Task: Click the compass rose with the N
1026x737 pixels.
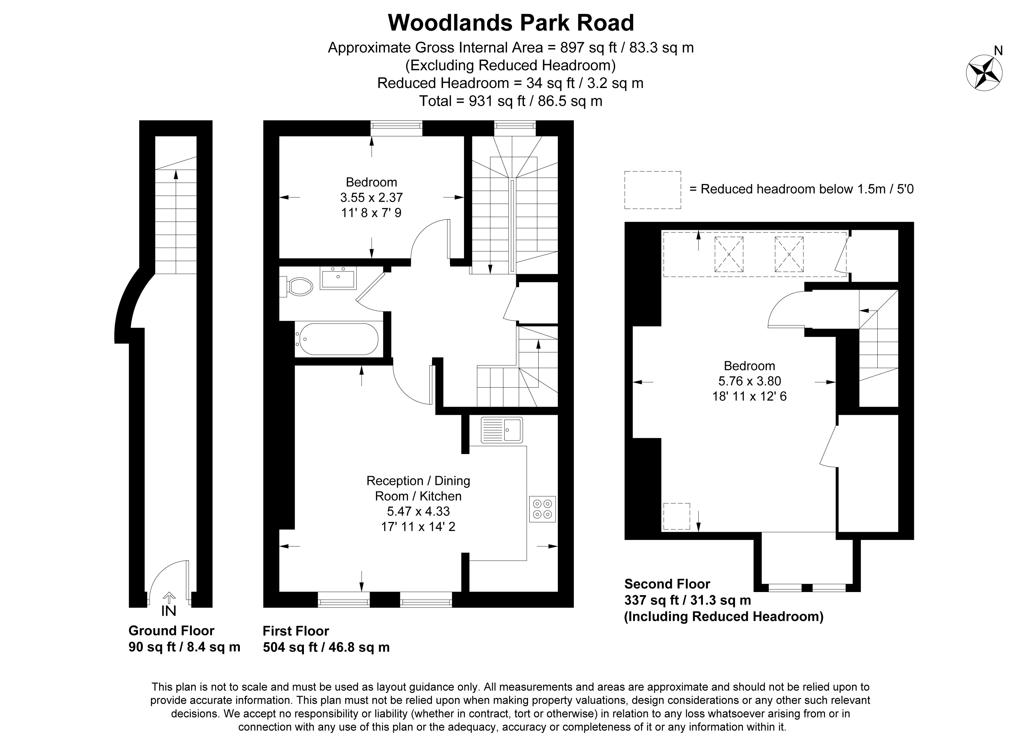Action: [984, 72]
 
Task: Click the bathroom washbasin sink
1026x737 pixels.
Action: [338, 278]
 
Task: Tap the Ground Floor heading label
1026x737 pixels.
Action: [171, 630]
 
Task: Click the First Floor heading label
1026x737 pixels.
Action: [296, 631]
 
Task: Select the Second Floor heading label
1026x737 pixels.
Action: [667, 584]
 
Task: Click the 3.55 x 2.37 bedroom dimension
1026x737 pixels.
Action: [371, 197]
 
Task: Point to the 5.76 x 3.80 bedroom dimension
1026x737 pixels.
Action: [749, 381]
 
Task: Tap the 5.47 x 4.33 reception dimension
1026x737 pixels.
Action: [418, 511]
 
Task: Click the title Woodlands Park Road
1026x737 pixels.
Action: [511, 23]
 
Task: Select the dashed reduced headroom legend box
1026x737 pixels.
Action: [652, 190]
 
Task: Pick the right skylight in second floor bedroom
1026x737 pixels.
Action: [789, 254]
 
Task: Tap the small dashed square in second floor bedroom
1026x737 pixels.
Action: [677, 516]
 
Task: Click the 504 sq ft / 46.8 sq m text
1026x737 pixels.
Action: [326, 647]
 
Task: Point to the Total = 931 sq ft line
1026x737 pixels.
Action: [511, 101]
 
